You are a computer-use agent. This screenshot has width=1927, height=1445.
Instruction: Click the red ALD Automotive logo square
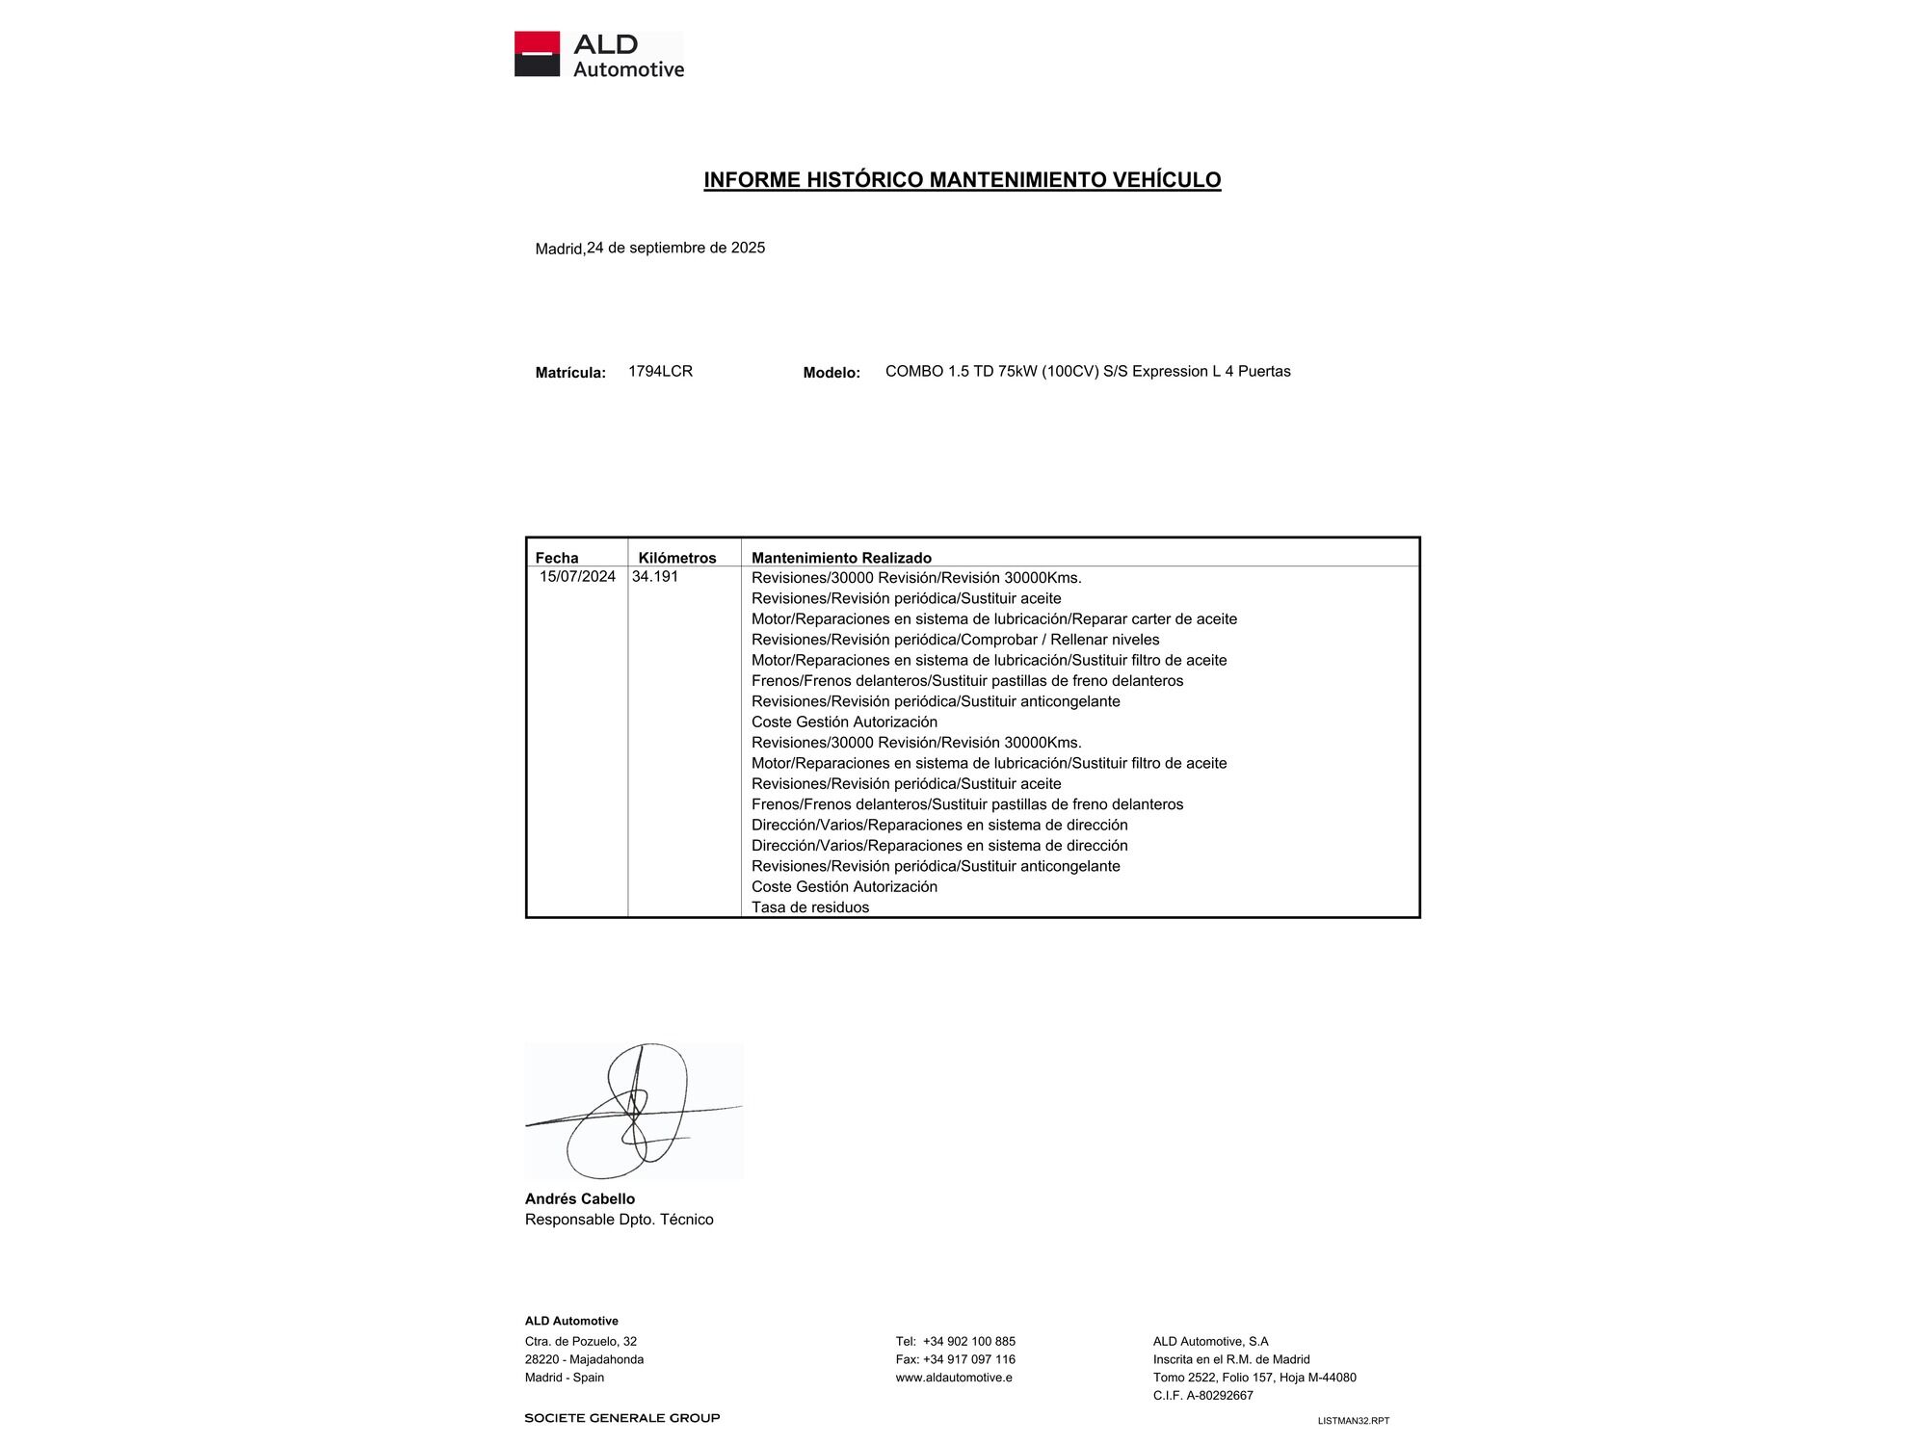coord(537,54)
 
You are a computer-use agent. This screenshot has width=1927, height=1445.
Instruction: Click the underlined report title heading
coord(962,180)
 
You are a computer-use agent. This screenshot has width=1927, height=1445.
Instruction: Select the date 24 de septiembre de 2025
coord(675,248)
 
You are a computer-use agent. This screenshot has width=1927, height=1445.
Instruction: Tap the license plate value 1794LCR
coord(660,371)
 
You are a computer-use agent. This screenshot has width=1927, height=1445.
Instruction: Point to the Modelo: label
coord(832,373)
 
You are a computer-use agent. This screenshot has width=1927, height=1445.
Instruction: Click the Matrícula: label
coord(570,373)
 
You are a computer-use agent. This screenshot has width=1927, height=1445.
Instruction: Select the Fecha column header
coord(557,558)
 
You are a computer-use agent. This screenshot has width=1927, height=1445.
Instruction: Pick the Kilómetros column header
coord(677,558)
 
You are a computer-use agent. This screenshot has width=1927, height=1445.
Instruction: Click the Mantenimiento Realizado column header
coord(841,558)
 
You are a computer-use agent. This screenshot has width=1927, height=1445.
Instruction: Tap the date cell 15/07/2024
coord(577,577)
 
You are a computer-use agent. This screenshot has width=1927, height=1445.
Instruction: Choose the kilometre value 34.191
coord(655,577)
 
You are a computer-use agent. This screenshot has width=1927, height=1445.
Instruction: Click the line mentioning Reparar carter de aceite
coord(993,619)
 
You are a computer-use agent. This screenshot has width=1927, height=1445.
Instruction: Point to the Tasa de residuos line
coord(809,907)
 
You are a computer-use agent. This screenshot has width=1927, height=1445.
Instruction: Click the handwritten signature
coord(633,1112)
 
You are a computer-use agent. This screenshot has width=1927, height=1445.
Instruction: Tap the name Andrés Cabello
coord(579,1199)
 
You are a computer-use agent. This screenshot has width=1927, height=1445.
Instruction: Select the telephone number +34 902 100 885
coord(968,1341)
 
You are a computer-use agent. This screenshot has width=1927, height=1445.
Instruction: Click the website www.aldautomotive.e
coord(953,1378)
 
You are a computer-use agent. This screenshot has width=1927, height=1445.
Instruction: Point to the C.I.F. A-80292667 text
coord(1202,1395)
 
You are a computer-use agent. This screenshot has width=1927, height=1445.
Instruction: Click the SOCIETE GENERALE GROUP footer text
coord(621,1418)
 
